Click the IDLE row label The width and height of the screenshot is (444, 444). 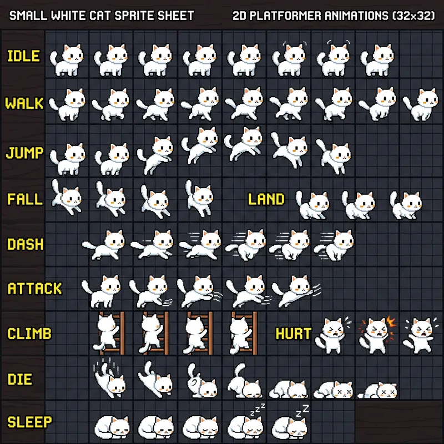click(23, 56)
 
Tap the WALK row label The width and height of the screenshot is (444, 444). click(24, 104)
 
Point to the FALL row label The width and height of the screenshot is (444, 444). click(24, 199)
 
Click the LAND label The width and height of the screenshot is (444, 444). click(266, 199)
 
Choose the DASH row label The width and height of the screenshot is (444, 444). click(25, 244)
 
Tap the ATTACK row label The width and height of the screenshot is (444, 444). click(34, 289)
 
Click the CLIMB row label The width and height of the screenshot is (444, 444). click(29, 334)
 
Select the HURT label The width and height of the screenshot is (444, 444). click(294, 334)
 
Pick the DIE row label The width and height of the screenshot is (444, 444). click(20, 380)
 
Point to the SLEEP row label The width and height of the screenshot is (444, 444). click(29, 422)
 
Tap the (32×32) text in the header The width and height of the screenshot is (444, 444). click(413, 15)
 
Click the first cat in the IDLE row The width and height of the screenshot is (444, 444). click(67, 58)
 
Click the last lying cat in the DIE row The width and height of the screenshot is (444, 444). click(377, 390)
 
